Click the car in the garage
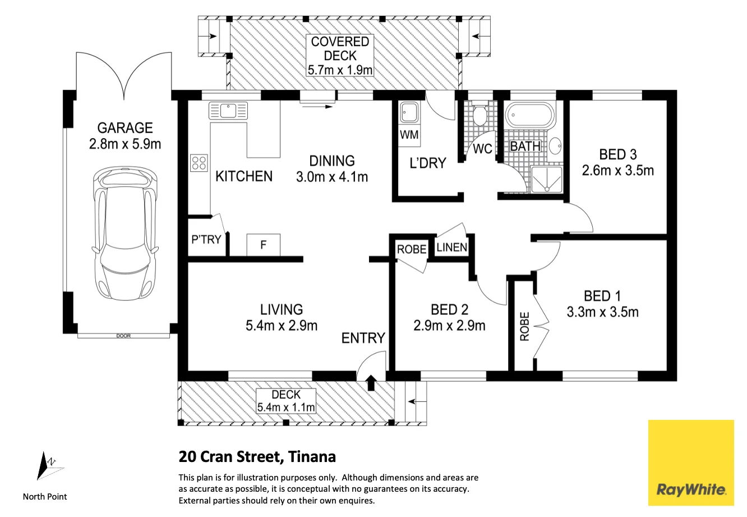(x=125, y=234)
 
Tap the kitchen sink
(x=228, y=111)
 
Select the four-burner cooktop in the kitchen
(x=199, y=163)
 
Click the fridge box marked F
(x=263, y=245)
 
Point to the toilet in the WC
(x=480, y=115)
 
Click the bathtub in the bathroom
(x=530, y=115)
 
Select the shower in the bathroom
(x=547, y=180)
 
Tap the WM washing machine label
(x=409, y=135)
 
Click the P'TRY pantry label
(x=206, y=239)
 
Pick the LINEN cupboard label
(x=452, y=248)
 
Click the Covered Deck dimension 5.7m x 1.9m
(x=340, y=70)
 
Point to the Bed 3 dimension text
(x=617, y=171)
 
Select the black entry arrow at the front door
(x=371, y=382)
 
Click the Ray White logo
(x=691, y=463)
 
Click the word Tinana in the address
(x=312, y=457)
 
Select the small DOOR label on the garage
(x=123, y=336)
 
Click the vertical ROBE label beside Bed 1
(x=524, y=326)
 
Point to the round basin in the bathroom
(x=555, y=146)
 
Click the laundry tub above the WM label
(x=409, y=112)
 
